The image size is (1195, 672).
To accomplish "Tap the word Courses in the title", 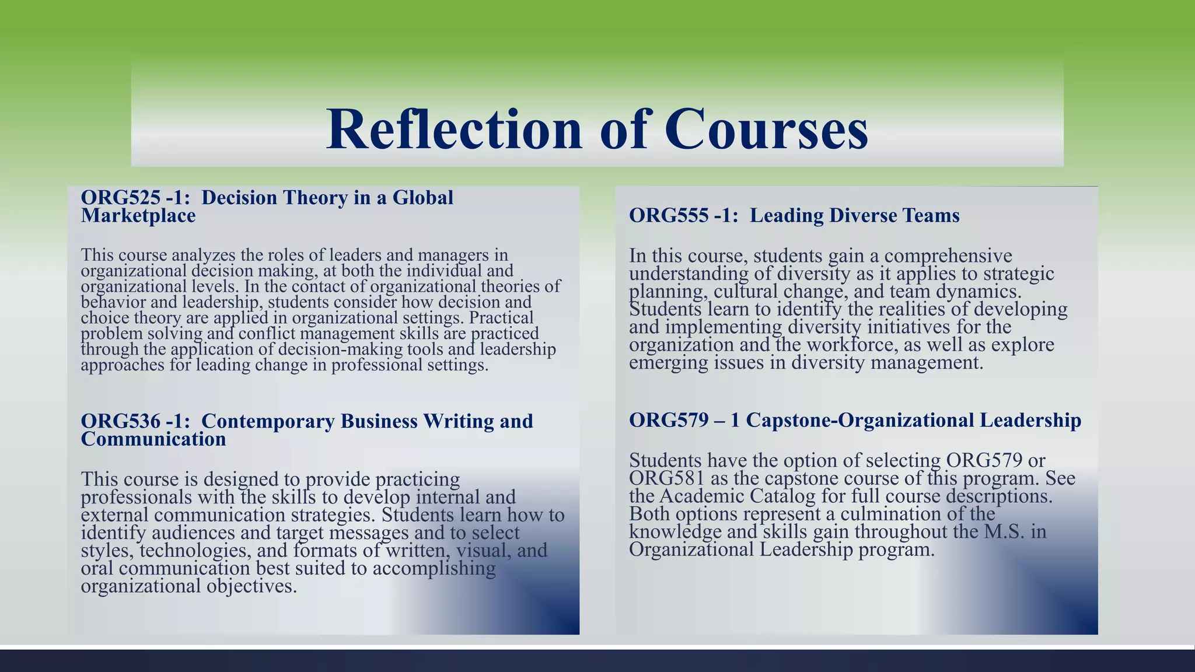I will (x=766, y=129).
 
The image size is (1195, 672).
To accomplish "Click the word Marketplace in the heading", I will (x=138, y=216).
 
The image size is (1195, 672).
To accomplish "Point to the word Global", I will (x=422, y=198).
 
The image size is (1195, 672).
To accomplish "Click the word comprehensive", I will (x=948, y=256).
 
